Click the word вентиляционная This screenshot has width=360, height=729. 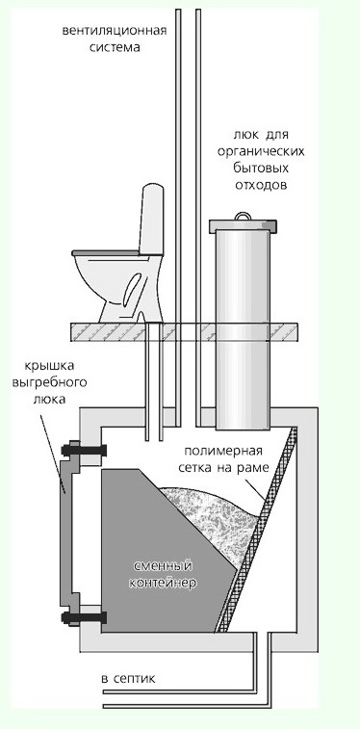click(x=115, y=32)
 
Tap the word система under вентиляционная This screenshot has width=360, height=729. click(x=115, y=47)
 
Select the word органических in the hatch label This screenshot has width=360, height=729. click(x=262, y=152)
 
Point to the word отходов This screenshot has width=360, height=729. click(x=261, y=185)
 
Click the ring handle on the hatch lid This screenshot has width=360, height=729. click(x=243, y=216)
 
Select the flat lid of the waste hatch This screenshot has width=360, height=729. click(x=243, y=226)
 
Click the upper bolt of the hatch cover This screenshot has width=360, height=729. click(x=83, y=450)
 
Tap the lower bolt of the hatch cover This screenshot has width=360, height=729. click(x=83, y=618)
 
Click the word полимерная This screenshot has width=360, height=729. click(x=223, y=451)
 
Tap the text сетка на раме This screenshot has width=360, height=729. click(x=224, y=468)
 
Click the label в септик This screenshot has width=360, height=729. click(x=128, y=678)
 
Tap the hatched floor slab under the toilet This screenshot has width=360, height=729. click(x=185, y=332)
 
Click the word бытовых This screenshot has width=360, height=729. click(x=261, y=168)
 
